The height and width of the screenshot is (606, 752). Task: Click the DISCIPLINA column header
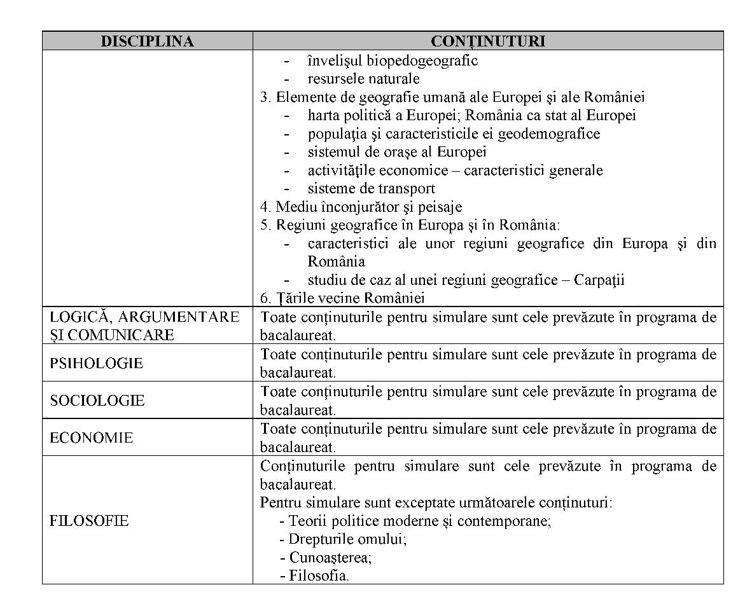click(147, 41)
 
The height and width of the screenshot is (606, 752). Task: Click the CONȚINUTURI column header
click(487, 41)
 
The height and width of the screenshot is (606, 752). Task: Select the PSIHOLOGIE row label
click(96, 363)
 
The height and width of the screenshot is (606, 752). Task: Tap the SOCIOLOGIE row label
click(97, 401)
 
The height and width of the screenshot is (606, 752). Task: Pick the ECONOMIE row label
click(91, 438)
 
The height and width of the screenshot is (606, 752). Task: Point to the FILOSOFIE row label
click(89, 521)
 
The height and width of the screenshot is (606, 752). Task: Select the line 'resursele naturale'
click(363, 79)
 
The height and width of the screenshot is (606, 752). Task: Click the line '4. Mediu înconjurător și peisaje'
click(361, 207)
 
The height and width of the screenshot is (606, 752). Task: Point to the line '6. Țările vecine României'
click(342, 298)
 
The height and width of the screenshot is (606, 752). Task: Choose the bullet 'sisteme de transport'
click(372, 189)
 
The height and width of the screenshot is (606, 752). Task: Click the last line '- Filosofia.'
click(314, 576)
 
